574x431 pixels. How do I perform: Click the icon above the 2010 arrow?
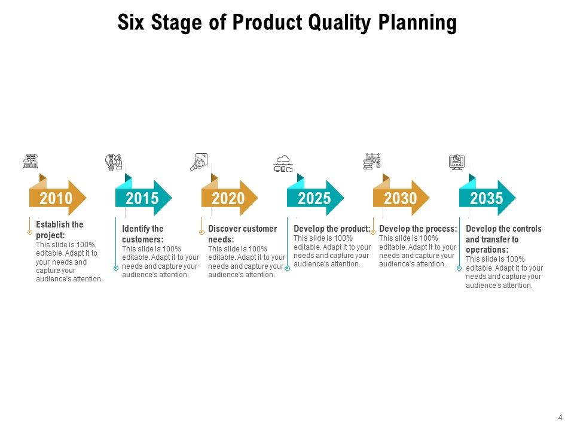tap(30, 161)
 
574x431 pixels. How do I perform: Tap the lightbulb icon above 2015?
tap(114, 162)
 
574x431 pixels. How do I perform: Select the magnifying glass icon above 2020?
tap(199, 162)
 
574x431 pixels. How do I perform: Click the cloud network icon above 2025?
tap(283, 163)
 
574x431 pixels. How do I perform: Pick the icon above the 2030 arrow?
tap(372, 161)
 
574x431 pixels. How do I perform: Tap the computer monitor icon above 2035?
tap(457, 162)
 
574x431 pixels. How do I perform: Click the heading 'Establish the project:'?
tap(60, 230)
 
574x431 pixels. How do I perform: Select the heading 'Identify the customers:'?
tap(143, 234)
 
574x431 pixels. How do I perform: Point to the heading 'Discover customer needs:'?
tap(243, 234)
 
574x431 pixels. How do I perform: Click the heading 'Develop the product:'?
tap(332, 229)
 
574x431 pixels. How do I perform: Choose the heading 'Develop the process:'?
tap(418, 229)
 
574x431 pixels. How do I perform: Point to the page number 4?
tap(560, 417)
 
